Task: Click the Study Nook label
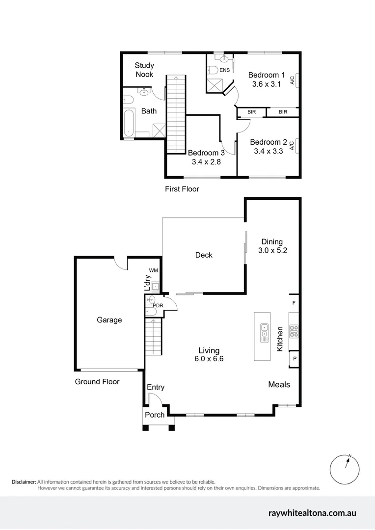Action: tap(144, 70)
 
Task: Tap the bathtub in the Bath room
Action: tap(129, 122)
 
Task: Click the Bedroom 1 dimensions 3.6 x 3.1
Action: tap(266, 84)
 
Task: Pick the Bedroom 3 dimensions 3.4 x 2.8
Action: tap(206, 161)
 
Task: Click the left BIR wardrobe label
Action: tap(251, 112)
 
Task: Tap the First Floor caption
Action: tap(182, 189)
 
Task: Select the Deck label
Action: tap(204, 255)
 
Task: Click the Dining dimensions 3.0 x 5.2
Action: tap(272, 250)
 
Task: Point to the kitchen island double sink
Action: tap(264, 332)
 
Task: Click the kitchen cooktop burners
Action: tap(295, 331)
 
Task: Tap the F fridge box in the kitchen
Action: tap(294, 303)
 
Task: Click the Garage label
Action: tap(109, 320)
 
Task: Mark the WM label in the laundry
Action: tap(154, 270)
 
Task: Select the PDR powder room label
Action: tap(158, 305)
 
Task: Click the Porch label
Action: tap(155, 415)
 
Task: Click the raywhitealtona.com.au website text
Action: tap(312, 513)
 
